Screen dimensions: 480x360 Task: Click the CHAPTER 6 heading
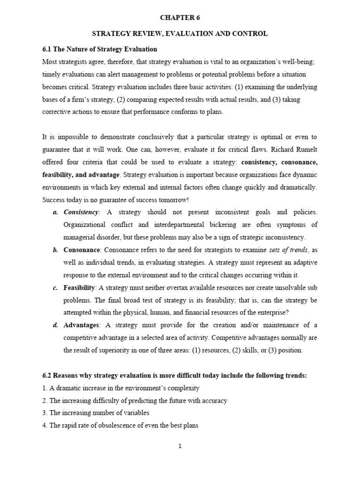tap(180, 18)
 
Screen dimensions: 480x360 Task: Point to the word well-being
tap(288, 61)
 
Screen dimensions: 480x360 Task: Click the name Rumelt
tap(305, 150)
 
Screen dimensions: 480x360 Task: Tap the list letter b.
tap(55, 250)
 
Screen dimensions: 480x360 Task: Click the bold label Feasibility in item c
tap(79, 287)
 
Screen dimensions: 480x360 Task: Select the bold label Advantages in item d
tap(81, 325)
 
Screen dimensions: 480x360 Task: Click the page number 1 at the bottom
tap(180, 446)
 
